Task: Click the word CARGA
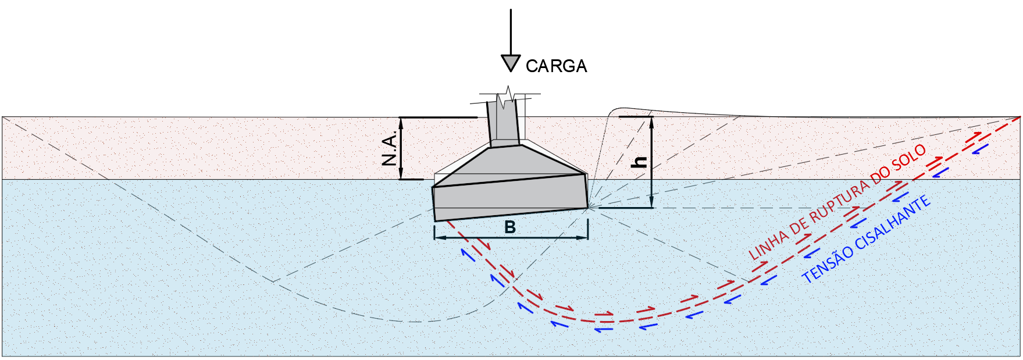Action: (556, 66)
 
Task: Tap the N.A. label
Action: (390, 148)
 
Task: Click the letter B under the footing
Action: (510, 227)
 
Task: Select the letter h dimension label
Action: (639, 161)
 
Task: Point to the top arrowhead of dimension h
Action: (651, 121)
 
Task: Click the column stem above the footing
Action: (503, 125)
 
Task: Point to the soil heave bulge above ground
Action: (625, 111)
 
